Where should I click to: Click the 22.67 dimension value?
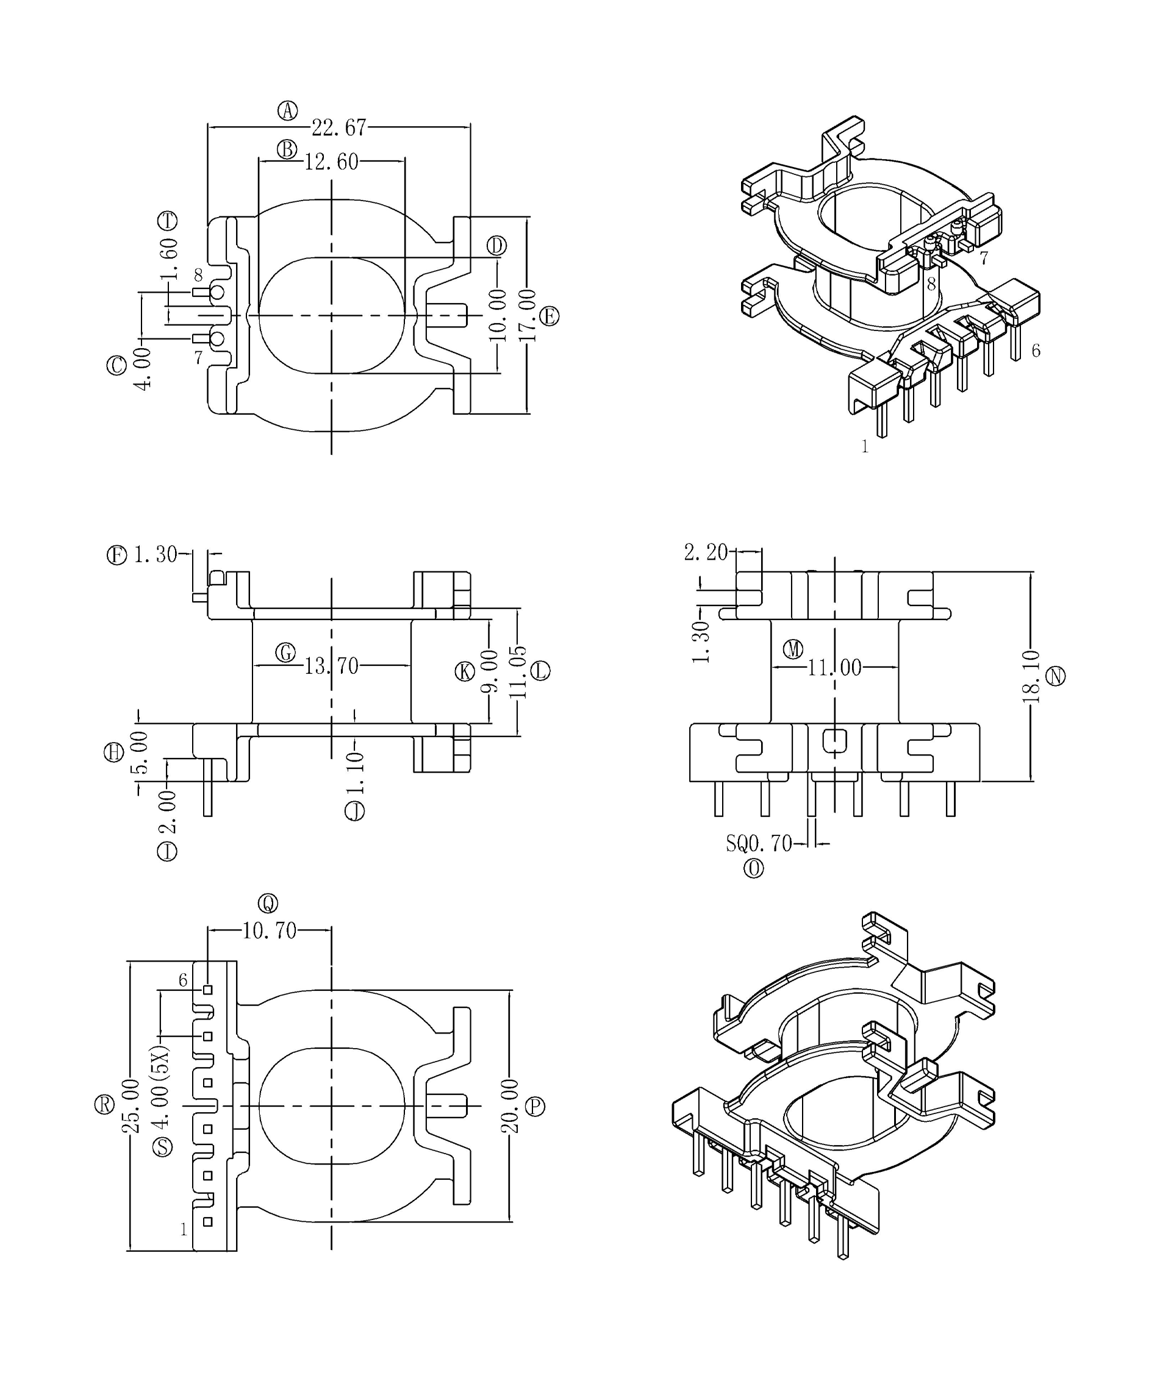(338, 127)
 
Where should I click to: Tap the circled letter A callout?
(287, 110)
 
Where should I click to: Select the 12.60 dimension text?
(331, 162)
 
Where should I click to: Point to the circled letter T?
(167, 220)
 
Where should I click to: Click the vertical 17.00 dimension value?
(528, 315)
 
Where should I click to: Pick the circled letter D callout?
(496, 246)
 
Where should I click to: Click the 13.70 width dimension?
(331, 666)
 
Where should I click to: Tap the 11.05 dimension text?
(518, 672)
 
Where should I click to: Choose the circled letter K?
(465, 672)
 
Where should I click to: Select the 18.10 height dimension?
(1030, 676)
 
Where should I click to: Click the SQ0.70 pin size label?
(759, 844)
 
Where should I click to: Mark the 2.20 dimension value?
(706, 552)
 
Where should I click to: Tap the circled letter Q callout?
(268, 903)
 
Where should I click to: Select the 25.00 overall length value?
(130, 1106)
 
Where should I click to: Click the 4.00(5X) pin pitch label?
(160, 1087)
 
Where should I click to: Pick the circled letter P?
(535, 1107)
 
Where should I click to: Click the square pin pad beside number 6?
(208, 990)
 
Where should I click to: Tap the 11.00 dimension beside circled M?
(834, 667)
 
